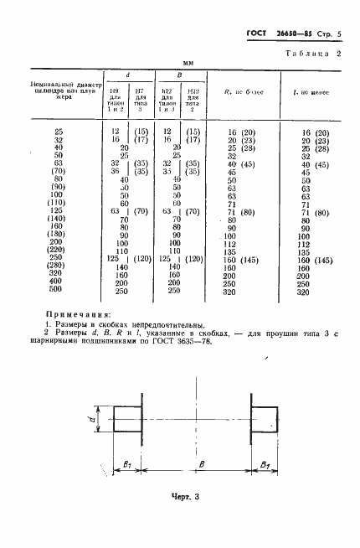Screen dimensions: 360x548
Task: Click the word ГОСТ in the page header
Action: pyautogui.click(x=256, y=34)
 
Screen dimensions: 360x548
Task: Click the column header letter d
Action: pyautogui.click(x=126, y=75)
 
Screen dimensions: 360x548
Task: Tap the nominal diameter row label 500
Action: pyautogui.click(x=58, y=290)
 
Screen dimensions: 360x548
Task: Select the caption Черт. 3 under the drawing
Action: pyautogui.click(x=183, y=497)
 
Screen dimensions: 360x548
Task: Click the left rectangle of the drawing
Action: pyautogui.click(x=128, y=419)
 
